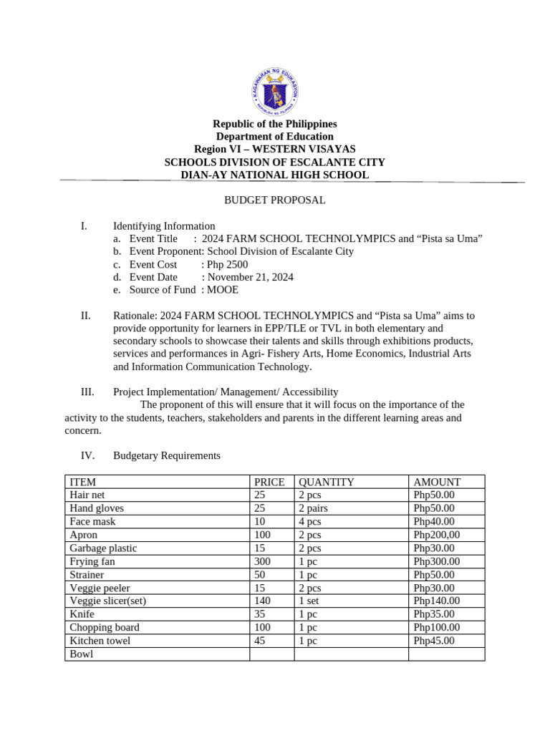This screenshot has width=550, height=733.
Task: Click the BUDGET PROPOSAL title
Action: pyautogui.click(x=275, y=200)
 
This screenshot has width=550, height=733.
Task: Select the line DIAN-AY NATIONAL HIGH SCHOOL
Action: pyautogui.click(x=275, y=175)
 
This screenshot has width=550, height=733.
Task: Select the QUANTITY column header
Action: pyautogui.click(x=327, y=482)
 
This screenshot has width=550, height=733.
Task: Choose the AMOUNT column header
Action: pyautogui.click(x=437, y=482)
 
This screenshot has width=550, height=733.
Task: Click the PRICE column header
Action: pyautogui.click(x=269, y=482)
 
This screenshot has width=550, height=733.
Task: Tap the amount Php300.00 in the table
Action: pyautogui.click(x=437, y=561)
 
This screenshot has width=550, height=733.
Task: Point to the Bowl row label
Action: pyautogui.click(x=82, y=654)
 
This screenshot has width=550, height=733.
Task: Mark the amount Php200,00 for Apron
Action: pyautogui.click(x=437, y=535)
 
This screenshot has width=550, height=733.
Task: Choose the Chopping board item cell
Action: pyautogui.click(x=105, y=627)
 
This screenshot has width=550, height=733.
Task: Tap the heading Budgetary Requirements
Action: pyautogui.click(x=167, y=456)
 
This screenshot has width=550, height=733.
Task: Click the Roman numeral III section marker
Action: pyautogui.click(x=87, y=392)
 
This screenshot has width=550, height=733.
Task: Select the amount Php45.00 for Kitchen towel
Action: pyautogui.click(x=434, y=641)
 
